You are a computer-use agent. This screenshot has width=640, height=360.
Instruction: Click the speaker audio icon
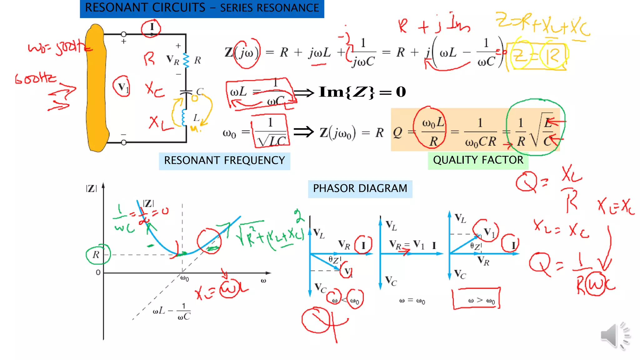pyautogui.click(x=614, y=335)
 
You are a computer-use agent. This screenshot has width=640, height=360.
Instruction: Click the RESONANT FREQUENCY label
pyautogui.click(x=224, y=161)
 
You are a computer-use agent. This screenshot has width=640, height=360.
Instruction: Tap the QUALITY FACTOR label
pyautogui.click(x=478, y=160)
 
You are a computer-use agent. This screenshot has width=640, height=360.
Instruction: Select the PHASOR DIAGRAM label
pyautogui.click(x=360, y=189)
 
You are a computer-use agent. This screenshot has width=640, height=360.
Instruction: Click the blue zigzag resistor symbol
pyautogui.click(x=186, y=60)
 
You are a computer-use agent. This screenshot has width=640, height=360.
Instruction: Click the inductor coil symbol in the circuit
pyautogui.click(x=184, y=117)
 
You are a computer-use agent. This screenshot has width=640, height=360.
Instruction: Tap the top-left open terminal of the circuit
pyautogui.click(x=124, y=34)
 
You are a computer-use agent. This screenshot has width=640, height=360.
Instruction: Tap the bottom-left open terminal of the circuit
pyautogui.click(x=124, y=142)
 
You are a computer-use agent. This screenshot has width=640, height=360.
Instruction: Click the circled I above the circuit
pyautogui.click(x=151, y=27)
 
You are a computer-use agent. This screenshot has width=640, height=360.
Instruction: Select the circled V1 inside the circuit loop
pyautogui.click(x=122, y=87)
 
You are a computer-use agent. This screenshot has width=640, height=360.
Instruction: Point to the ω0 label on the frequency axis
pyautogui.click(x=185, y=278)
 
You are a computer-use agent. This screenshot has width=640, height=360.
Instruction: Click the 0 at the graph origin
pyautogui.click(x=98, y=272)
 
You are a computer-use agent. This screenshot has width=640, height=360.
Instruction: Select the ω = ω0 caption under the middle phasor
pyautogui.click(x=412, y=301)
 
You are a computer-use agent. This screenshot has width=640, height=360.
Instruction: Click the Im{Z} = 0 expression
pyautogui.click(x=362, y=92)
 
